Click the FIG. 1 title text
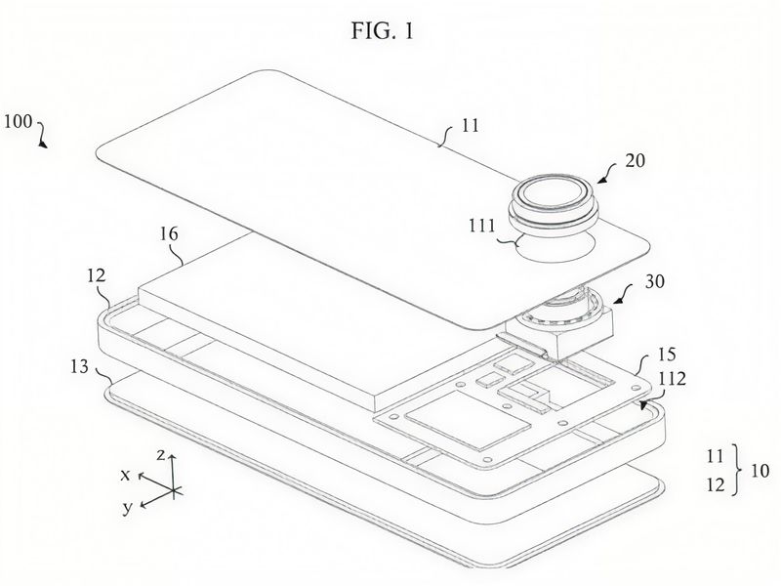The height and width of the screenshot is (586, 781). click(x=382, y=31)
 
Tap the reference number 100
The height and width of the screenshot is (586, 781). click(x=18, y=121)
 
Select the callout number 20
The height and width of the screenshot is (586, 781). click(x=635, y=160)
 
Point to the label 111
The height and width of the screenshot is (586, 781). click(x=481, y=226)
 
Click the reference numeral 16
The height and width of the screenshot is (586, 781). click(x=169, y=233)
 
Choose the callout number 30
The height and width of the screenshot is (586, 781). click(x=654, y=281)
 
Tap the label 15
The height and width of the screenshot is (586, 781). click(x=667, y=355)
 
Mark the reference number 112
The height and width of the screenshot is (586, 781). click(x=672, y=379)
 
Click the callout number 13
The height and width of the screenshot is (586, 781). click(x=79, y=367)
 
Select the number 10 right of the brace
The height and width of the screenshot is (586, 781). click(x=760, y=471)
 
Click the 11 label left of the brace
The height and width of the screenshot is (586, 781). click(x=715, y=456)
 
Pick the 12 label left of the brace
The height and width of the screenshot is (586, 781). click(x=716, y=484)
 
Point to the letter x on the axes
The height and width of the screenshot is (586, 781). click(x=125, y=475)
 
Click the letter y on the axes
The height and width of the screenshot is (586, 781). click(x=128, y=508)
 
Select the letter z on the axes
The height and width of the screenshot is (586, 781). click(x=160, y=454)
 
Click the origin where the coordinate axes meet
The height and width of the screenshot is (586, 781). click(x=173, y=491)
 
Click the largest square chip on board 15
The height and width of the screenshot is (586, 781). click(x=468, y=418)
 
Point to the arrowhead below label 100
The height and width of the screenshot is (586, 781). click(x=44, y=144)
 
